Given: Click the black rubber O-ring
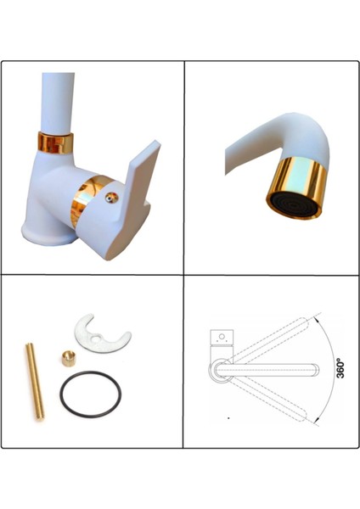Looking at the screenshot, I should point(90,396).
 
